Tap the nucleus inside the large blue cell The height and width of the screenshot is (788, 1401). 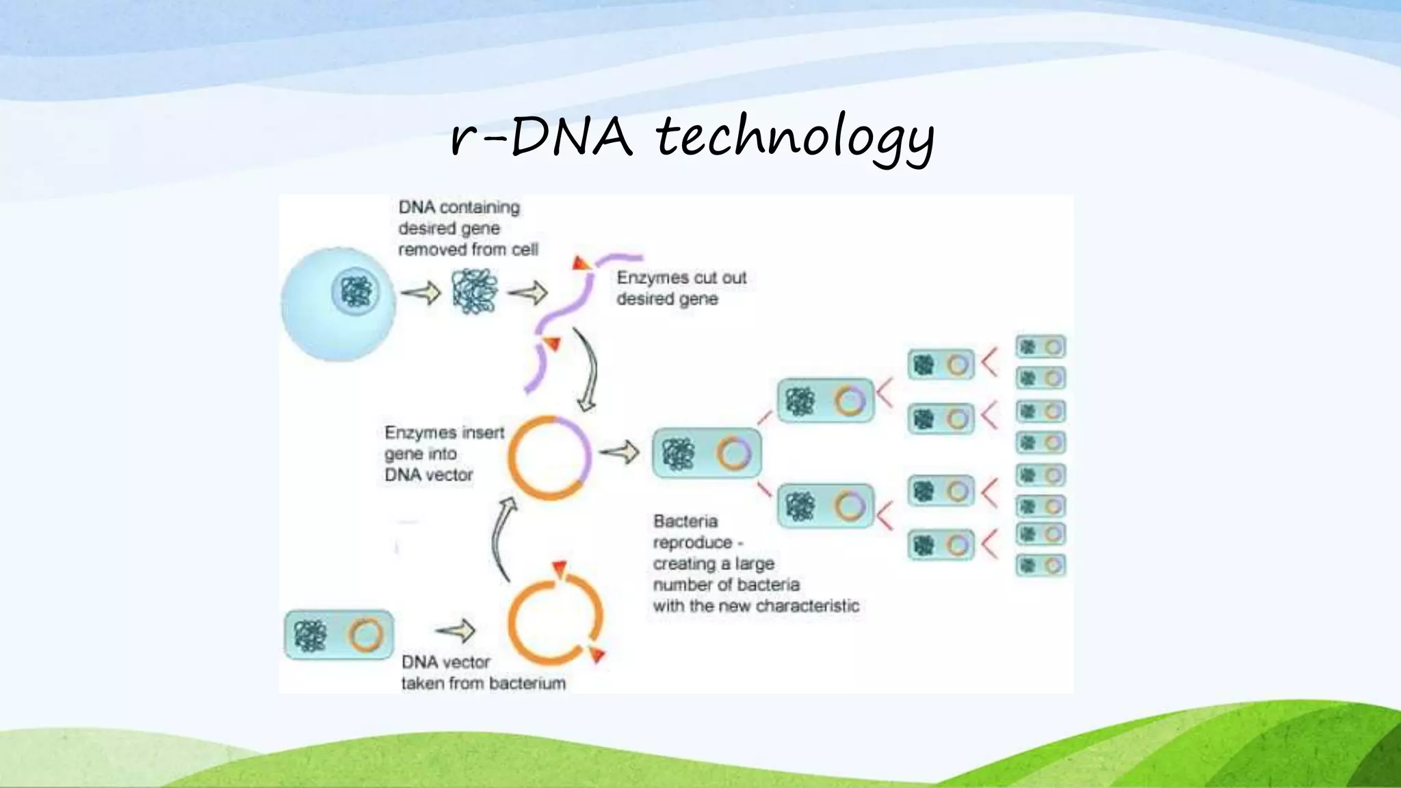click(355, 292)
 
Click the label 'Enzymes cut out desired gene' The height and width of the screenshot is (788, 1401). click(681, 288)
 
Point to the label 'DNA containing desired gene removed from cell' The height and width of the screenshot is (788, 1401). click(467, 228)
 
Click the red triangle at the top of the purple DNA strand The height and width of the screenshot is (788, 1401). click(581, 263)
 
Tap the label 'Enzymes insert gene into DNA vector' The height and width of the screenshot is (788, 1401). click(443, 454)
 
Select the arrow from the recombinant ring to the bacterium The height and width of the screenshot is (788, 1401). click(619, 452)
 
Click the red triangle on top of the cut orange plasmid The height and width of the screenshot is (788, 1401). click(560, 568)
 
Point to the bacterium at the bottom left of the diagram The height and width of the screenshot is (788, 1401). click(339, 635)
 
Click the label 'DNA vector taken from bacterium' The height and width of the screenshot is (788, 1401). click(482, 672)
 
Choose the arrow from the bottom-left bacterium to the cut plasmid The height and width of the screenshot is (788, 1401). click(456, 630)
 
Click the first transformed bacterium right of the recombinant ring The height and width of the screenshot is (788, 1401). click(706, 453)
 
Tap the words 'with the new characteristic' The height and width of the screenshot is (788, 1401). click(755, 606)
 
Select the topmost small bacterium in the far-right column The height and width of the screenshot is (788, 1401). click(1040, 347)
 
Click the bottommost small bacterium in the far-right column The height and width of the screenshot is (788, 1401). click(1040, 565)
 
